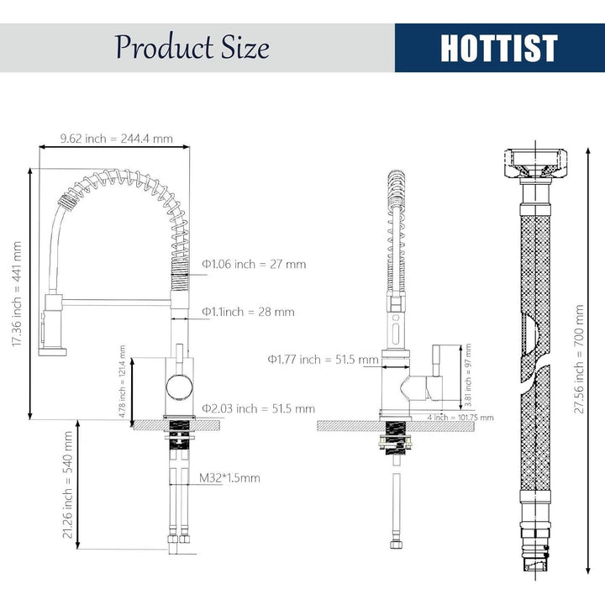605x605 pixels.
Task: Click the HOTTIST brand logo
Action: [498, 48]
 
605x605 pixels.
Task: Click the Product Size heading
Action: [192, 47]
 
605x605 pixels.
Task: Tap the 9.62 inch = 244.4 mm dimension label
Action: [116, 139]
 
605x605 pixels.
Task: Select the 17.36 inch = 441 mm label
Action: [17, 293]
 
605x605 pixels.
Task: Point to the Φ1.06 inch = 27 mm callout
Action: [254, 265]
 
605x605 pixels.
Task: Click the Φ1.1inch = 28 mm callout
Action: [248, 312]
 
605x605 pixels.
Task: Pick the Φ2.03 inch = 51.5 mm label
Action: [259, 408]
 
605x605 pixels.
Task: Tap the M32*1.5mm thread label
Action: [229, 478]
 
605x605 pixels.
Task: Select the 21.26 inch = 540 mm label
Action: [67, 485]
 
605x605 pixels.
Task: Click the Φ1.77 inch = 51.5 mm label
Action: [323, 360]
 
